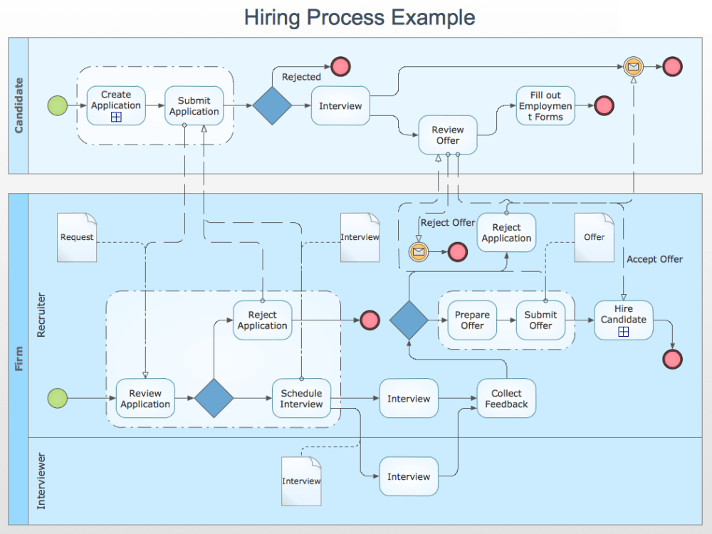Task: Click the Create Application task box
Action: pyautogui.click(x=116, y=105)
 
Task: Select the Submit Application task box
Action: pyautogui.click(x=194, y=106)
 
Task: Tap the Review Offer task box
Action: pyautogui.click(x=447, y=135)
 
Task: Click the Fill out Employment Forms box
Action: pyautogui.click(x=545, y=106)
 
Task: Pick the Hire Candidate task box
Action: pyautogui.click(x=624, y=320)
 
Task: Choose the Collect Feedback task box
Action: pyautogui.click(x=506, y=399)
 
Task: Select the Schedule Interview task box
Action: pyautogui.click(x=301, y=399)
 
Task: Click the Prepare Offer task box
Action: pyautogui.click(x=472, y=320)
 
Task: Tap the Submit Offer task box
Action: pyautogui.click(x=540, y=320)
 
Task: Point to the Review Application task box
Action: pyautogui.click(x=145, y=399)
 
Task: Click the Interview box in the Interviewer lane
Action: pyautogui.click(x=409, y=476)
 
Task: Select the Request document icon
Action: pyautogui.click(x=77, y=237)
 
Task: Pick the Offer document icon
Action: pyautogui.click(x=594, y=237)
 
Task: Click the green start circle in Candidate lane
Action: pyautogui.click(x=57, y=106)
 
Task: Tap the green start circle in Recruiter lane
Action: pyautogui.click(x=57, y=398)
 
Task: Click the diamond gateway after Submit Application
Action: pyautogui.click(x=272, y=106)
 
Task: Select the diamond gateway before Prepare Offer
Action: pyautogui.click(x=409, y=320)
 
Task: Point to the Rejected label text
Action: pyautogui.click(x=301, y=77)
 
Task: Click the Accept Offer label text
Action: pyautogui.click(x=654, y=259)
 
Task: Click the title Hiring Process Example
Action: pyautogui.click(x=360, y=17)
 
